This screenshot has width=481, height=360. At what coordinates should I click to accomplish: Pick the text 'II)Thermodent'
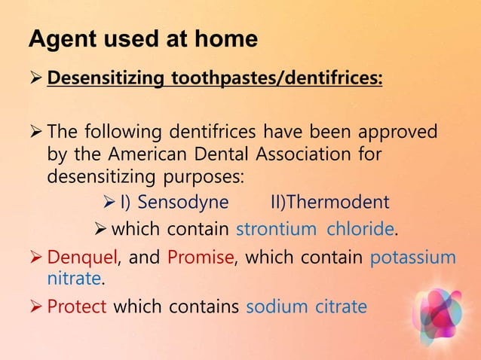(329, 203)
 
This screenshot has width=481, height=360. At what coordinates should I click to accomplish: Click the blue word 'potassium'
(413, 258)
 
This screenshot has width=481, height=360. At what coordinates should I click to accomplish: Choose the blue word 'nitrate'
(73, 279)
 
